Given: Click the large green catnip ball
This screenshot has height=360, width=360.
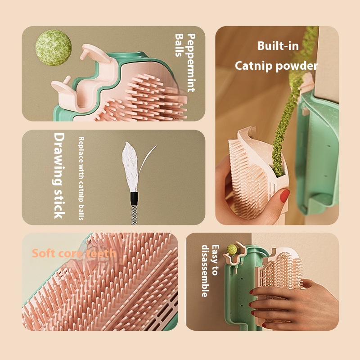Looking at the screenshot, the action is point(53,48).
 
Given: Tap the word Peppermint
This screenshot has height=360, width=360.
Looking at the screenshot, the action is point(191,63).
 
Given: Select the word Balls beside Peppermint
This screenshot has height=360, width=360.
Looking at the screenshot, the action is point(179,45).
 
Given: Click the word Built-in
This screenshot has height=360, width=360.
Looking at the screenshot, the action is point(278,46).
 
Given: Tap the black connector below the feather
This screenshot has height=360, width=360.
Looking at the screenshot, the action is point(134,198).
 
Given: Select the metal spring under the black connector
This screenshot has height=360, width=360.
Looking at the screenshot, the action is point(134,215).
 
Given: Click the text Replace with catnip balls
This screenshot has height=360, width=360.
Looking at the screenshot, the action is point(81,178).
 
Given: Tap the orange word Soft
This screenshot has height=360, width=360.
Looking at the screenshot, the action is point(43,253).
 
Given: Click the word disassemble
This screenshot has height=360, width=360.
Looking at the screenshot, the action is point(205,271).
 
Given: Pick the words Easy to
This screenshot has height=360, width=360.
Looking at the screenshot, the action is point(216,260).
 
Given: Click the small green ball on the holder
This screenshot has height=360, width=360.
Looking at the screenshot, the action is point(232,249).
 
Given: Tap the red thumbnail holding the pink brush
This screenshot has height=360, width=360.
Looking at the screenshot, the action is point(285,196).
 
